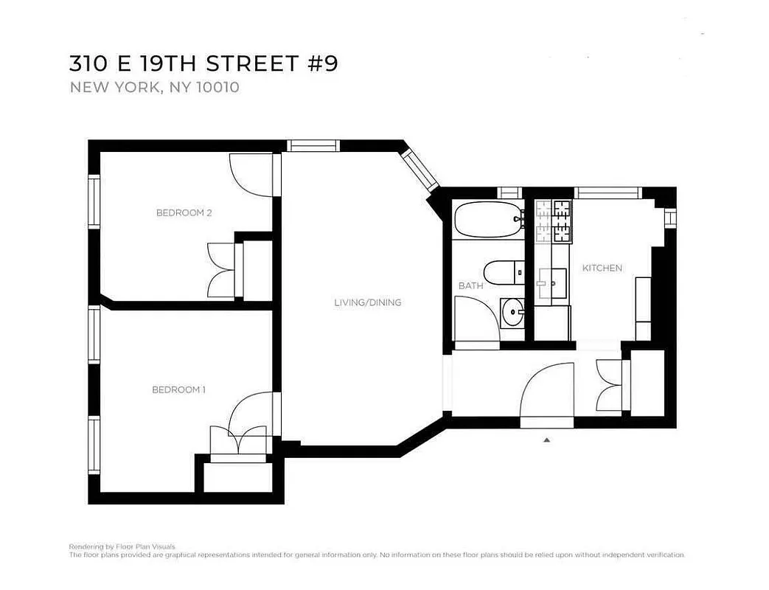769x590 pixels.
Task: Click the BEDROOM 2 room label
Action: [x=184, y=213]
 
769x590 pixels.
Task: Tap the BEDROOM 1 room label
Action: [x=178, y=389]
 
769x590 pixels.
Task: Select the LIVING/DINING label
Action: [x=367, y=302]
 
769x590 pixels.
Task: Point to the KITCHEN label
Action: [x=602, y=268]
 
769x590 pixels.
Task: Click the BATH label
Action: [x=470, y=285]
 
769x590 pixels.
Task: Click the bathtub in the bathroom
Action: [x=487, y=219]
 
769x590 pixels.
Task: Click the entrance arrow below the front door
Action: [x=546, y=440]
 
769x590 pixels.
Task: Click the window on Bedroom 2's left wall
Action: [x=94, y=201]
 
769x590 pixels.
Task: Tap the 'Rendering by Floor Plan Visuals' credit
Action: [x=122, y=546]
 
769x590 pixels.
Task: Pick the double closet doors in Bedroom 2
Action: [x=221, y=271]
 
